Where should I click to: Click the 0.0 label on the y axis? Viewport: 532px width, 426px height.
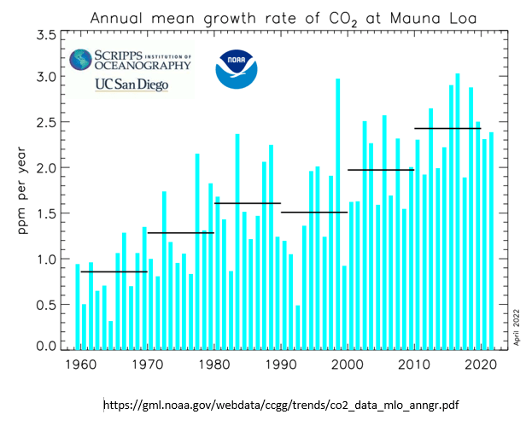(48, 347)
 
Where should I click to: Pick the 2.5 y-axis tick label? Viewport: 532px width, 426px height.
(48, 123)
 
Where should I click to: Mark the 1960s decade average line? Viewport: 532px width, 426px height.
(113, 271)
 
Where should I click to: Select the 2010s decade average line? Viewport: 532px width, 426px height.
(447, 128)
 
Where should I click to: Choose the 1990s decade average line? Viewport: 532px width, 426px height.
(313, 212)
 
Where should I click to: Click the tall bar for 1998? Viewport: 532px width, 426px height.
(338, 213)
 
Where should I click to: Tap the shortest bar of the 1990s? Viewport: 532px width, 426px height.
(298, 327)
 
